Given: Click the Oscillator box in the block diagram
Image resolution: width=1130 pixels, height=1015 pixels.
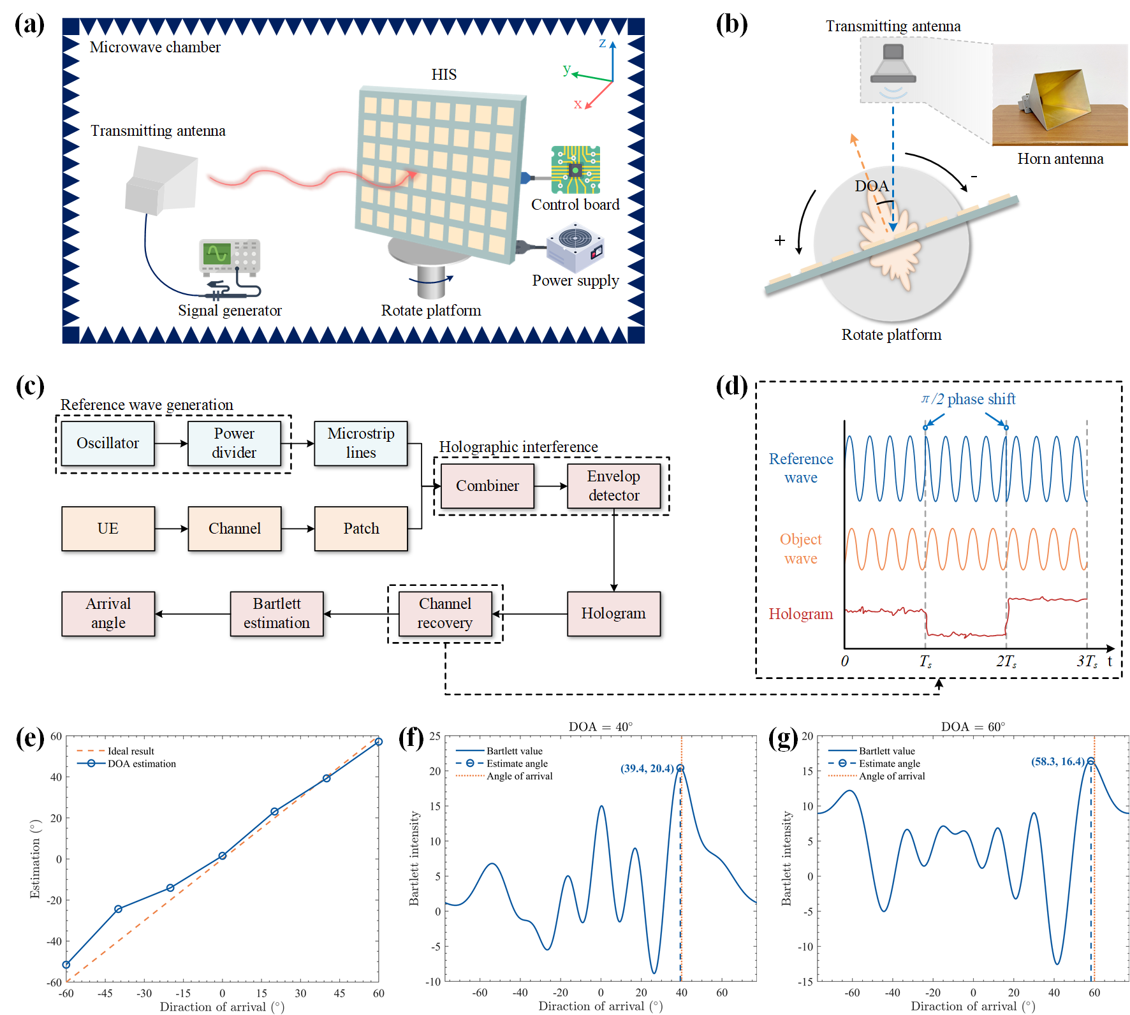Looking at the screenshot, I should [108, 443].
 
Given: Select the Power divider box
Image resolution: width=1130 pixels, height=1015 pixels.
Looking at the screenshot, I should [234, 443].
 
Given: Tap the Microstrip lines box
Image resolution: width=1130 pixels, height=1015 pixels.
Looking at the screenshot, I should [360, 443].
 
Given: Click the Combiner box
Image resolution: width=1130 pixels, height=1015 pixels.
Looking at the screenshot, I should [487, 486].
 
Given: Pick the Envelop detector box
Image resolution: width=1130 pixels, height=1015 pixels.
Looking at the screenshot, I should [613, 486].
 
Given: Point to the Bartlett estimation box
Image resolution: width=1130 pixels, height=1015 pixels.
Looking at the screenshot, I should [277, 613].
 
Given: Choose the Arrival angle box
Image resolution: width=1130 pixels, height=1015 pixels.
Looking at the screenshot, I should [108, 613].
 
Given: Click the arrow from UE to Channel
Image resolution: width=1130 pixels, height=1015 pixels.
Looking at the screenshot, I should [171, 529].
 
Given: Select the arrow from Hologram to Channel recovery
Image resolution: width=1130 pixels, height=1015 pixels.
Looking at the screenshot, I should [529, 614].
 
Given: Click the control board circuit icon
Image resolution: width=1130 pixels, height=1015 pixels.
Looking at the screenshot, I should [575, 170].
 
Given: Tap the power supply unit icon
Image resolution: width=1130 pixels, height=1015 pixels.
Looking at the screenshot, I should [575, 248].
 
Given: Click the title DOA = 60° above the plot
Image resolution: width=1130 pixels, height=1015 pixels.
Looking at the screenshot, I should [972, 727].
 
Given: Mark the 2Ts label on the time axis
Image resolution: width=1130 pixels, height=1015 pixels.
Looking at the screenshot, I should [1006, 661].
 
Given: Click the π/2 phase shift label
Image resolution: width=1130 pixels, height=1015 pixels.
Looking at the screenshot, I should [968, 399].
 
